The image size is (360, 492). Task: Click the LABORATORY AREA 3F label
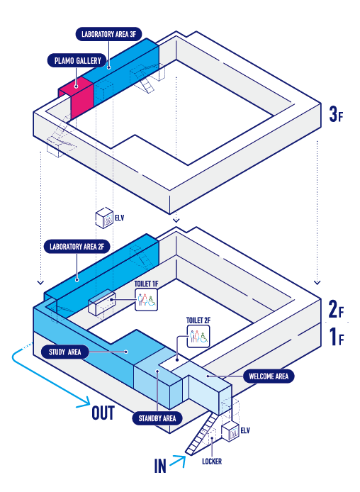[x=109, y=34]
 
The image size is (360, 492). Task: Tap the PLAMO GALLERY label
[x=77, y=60]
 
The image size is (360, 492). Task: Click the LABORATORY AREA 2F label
[x=77, y=247]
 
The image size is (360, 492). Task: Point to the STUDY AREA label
[x=65, y=352]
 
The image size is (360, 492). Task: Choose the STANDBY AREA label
[x=157, y=418]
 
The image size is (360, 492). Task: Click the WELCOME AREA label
[x=269, y=376]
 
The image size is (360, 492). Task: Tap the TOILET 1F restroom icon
[x=146, y=300]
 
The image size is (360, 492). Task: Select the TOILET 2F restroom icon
[x=198, y=336]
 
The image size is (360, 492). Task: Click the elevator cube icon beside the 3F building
[x=104, y=218]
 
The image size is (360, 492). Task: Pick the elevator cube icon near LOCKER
[x=230, y=432]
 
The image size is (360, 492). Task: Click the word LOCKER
[x=212, y=462]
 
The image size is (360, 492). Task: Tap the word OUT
[x=103, y=413]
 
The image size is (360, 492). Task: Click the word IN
[x=160, y=466]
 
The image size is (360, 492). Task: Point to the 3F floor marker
[x=336, y=114]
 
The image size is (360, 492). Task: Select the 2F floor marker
[x=336, y=309]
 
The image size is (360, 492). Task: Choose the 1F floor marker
[x=337, y=337]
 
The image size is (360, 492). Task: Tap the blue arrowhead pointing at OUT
[x=84, y=403]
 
